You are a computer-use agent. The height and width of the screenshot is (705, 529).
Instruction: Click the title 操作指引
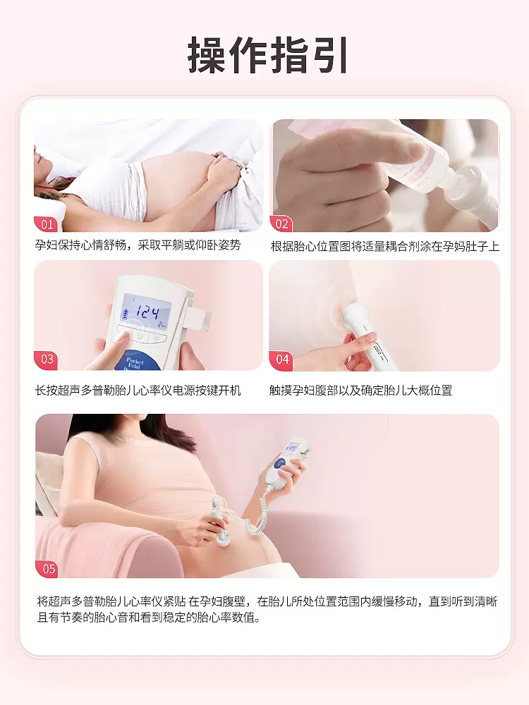267,55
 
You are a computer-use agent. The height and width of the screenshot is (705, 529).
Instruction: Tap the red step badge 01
45,224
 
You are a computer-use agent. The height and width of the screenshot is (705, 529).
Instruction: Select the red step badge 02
281,224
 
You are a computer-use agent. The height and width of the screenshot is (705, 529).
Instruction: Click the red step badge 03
46,360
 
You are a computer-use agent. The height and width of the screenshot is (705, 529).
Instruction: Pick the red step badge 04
281,360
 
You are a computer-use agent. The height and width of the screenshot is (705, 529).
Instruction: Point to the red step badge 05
48,569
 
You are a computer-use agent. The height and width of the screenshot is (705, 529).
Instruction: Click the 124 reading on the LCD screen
147,312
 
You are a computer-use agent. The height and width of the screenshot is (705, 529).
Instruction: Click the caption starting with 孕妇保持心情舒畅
138,245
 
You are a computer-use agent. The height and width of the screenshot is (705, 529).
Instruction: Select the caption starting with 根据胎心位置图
384,246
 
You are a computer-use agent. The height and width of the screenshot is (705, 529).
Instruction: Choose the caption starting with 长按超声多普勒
138,391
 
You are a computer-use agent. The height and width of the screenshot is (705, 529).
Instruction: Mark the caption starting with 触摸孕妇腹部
360,391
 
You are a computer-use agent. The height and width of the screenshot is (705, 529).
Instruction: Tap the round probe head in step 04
348,314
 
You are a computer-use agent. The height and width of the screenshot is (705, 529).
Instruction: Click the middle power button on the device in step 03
140,336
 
